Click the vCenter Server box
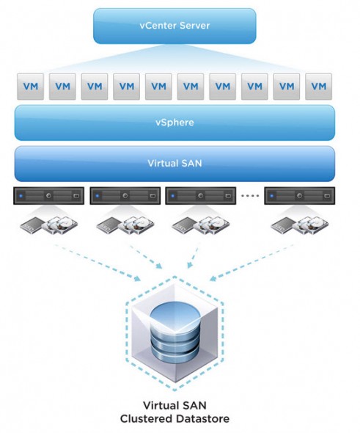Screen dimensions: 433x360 (x=175, y=26)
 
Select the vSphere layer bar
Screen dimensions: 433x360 (x=175, y=122)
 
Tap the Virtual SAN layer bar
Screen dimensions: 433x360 (x=175, y=163)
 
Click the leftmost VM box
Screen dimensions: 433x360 (x=30, y=86)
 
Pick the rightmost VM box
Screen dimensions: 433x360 (x=318, y=86)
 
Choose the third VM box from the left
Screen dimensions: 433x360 (x=94, y=86)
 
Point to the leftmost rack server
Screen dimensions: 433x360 (x=48, y=196)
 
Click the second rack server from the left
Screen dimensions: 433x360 (x=124, y=196)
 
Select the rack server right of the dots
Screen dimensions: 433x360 (x=300, y=196)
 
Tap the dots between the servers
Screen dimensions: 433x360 (x=251, y=197)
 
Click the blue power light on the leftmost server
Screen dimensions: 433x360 (x=22, y=196)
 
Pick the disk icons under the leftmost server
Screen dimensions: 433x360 (x=48, y=225)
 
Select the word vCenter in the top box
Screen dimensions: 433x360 (x=155, y=26)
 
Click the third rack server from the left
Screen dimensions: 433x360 (x=200, y=196)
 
